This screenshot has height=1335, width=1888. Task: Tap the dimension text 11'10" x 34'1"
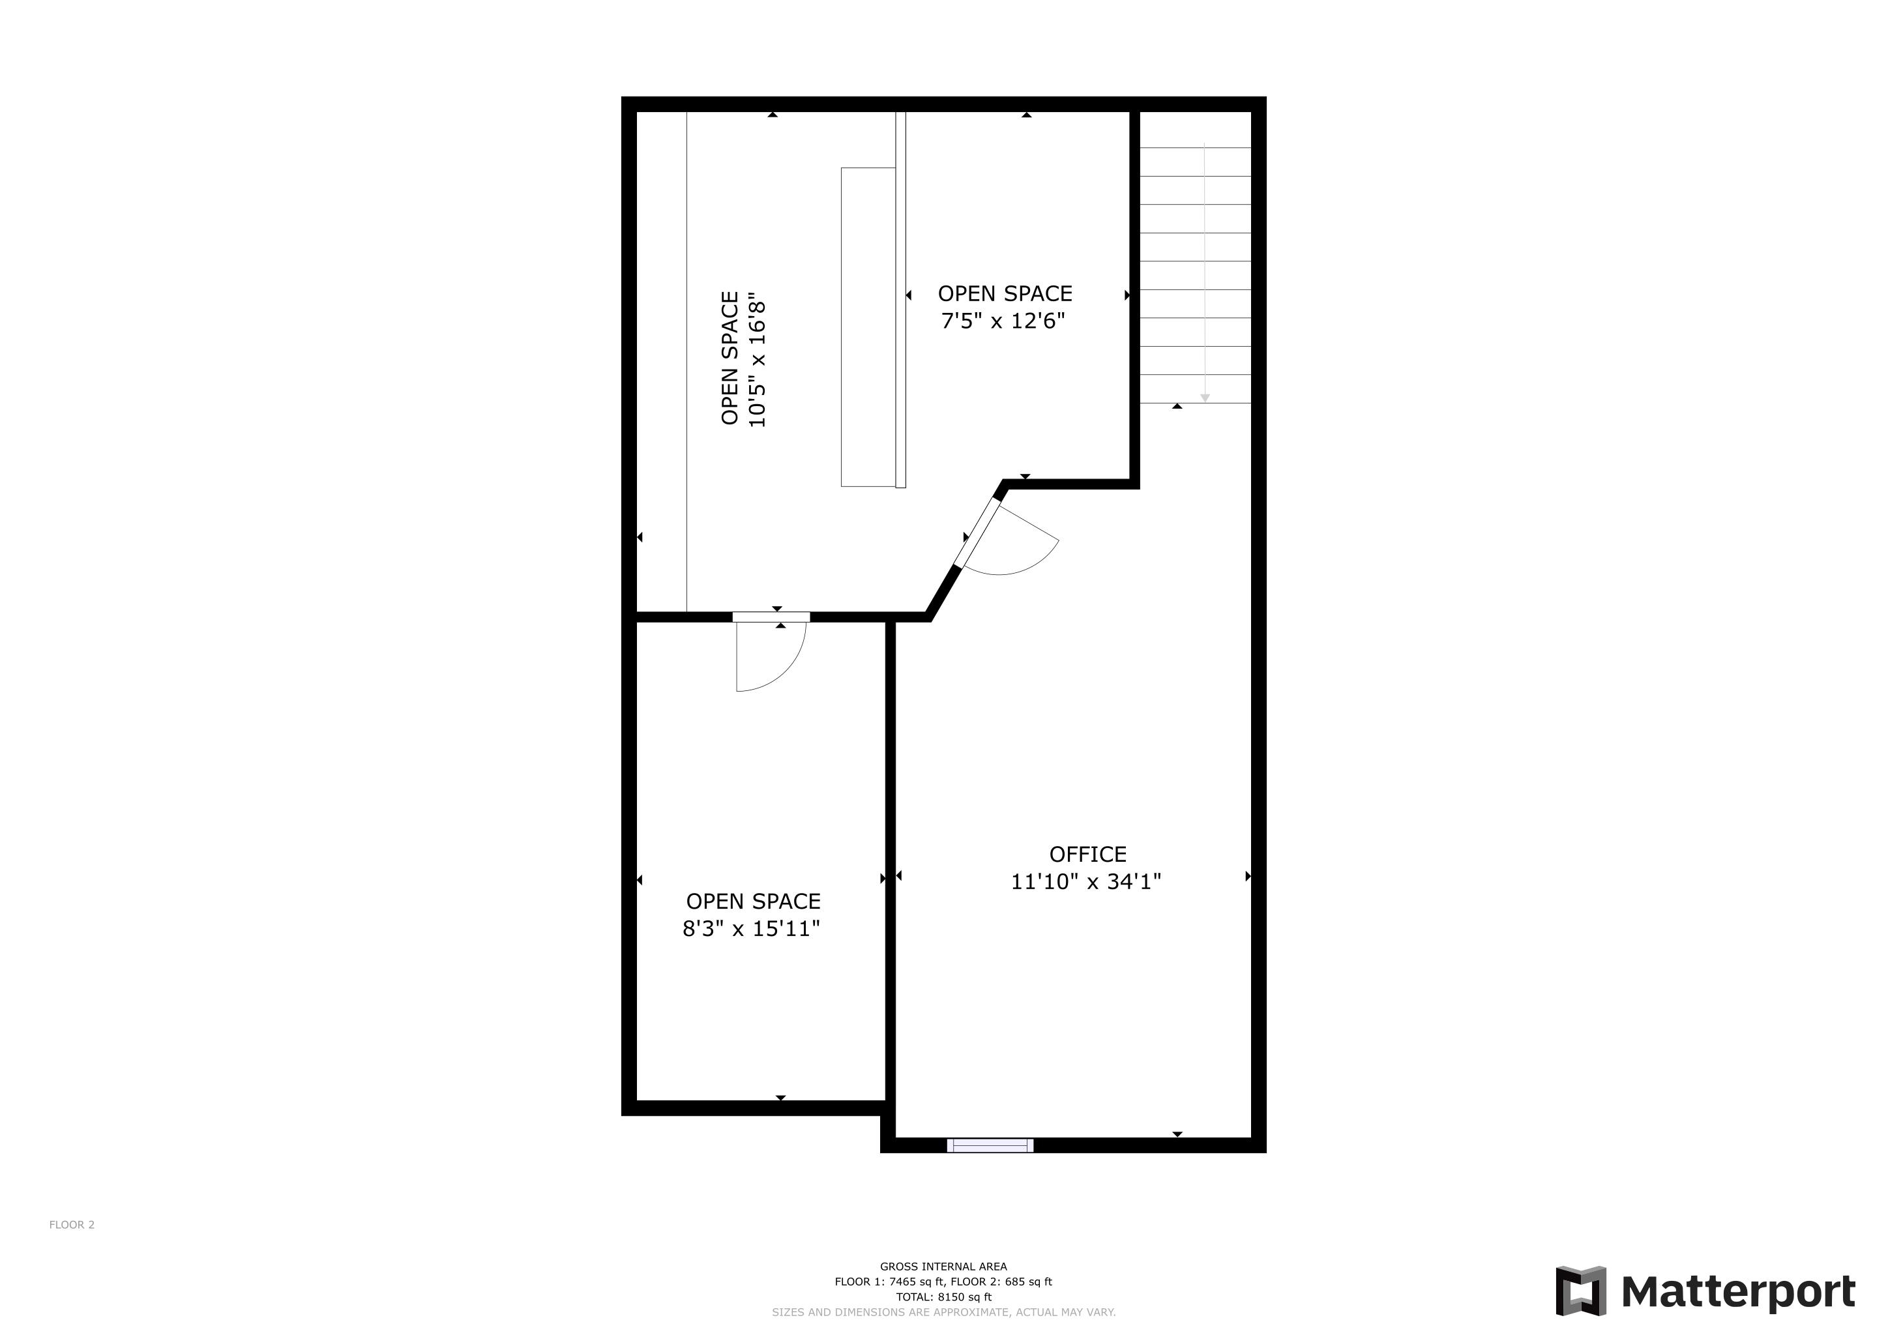point(1085,881)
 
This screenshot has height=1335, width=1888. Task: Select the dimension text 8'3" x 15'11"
point(752,928)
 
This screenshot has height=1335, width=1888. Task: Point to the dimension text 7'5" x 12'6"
point(1003,321)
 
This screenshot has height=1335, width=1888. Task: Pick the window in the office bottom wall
point(990,1145)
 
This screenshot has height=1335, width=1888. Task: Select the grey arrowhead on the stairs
point(1205,398)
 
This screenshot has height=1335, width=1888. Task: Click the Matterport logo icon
point(1580,1291)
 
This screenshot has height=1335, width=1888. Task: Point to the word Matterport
point(1738,1291)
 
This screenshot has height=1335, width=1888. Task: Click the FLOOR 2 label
point(72,1225)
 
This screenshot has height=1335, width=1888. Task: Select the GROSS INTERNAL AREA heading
point(943,1267)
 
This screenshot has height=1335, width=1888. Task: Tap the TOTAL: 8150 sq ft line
point(943,1297)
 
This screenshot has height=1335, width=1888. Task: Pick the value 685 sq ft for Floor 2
point(1028,1282)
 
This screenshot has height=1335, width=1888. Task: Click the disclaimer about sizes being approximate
point(943,1312)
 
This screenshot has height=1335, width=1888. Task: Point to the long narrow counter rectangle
point(868,327)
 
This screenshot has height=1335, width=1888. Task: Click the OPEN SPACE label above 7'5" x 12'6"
point(1005,293)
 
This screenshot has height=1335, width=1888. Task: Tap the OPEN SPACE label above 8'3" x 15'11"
point(753,901)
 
